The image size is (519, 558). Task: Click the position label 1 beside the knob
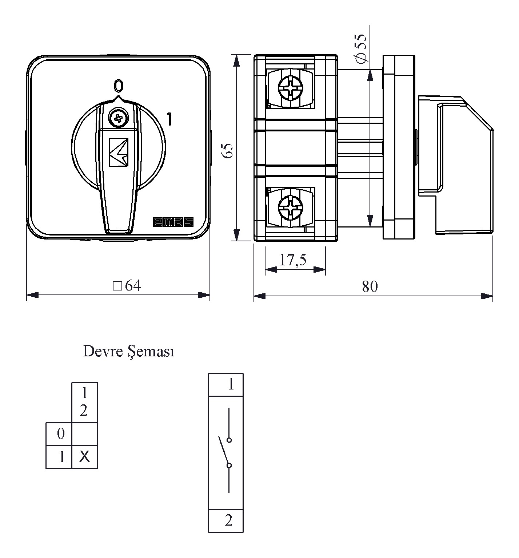(x=169, y=119)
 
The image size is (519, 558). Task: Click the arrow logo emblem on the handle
(x=119, y=153)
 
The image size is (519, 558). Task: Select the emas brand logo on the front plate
(x=173, y=222)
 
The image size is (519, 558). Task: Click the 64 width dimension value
(x=132, y=286)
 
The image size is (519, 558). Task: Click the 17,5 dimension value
(x=293, y=260)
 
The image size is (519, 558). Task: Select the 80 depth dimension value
(x=370, y=286)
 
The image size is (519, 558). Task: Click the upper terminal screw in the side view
(x=290, y=88)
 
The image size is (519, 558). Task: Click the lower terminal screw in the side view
(x=290, y=207)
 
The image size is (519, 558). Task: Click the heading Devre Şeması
(x=128, y=352)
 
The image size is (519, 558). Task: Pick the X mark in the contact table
(x=84, y=456)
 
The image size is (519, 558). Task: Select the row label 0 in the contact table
(x=61, y=434)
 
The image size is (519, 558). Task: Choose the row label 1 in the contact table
(x=62, y=457)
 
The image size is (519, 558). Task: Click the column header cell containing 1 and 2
(x=84, y=402)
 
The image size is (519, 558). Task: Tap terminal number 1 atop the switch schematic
(x=231, y=384)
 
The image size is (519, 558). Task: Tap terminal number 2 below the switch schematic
(x=229, y=521)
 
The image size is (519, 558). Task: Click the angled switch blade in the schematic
(x=223, y=450)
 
